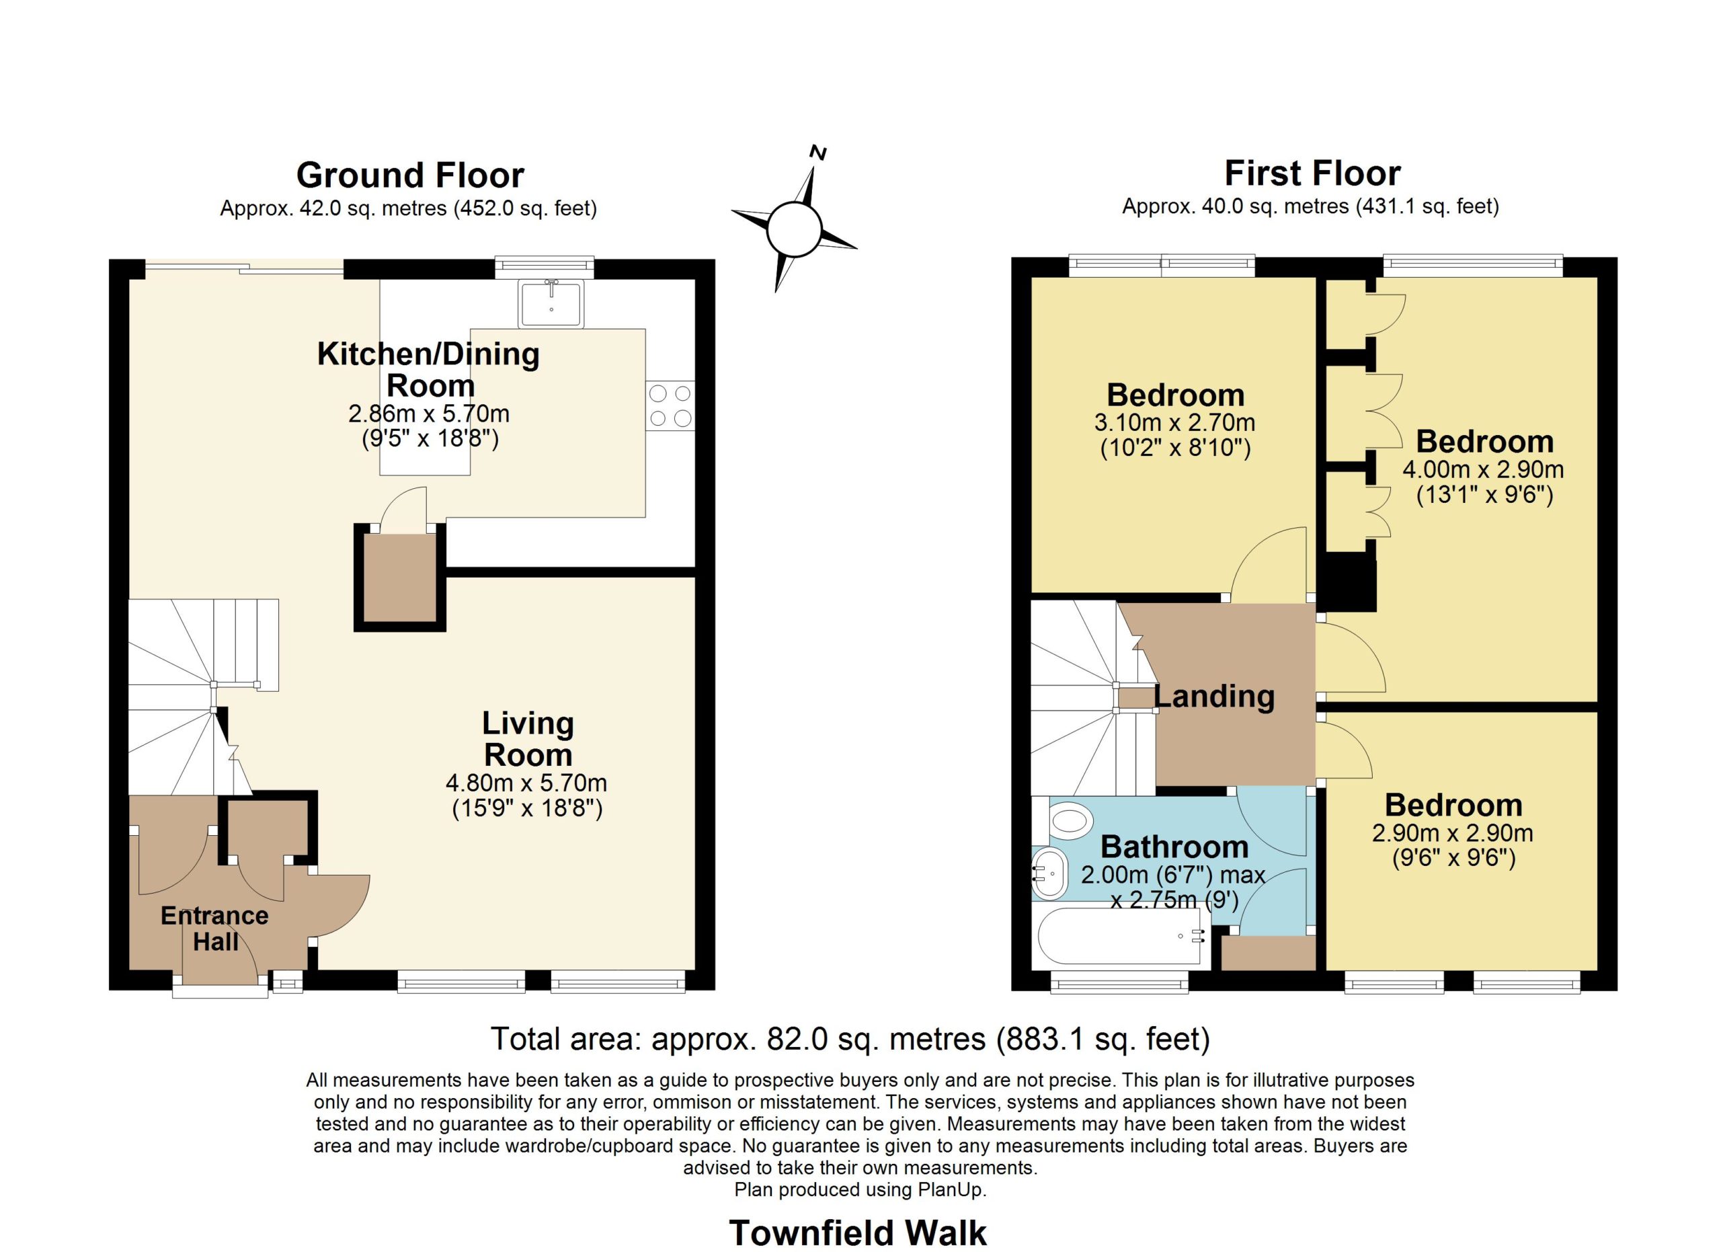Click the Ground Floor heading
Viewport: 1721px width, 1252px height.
(410, 175)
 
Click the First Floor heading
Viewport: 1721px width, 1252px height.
(1312, 173)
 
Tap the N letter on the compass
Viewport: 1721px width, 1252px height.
(818, 153)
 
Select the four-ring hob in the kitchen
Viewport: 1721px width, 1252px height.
(670, 405)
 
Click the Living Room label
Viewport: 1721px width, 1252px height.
(528, 739)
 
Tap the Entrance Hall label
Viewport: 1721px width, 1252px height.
(214, 929)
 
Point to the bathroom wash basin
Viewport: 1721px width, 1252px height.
(1049, 874)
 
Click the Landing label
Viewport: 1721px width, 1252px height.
(1214, 697)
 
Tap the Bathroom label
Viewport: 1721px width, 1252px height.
(1174, 847)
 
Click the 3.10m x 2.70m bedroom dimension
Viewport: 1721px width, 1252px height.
(1174, 423)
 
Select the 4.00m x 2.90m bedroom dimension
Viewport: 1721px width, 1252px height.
(1484, 470)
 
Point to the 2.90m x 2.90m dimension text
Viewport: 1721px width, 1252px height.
(1452, 833)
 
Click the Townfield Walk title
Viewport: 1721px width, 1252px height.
(858, 1233)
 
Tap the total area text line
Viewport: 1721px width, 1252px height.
(850, 1039)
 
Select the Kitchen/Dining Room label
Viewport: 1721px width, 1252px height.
(429, 370)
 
